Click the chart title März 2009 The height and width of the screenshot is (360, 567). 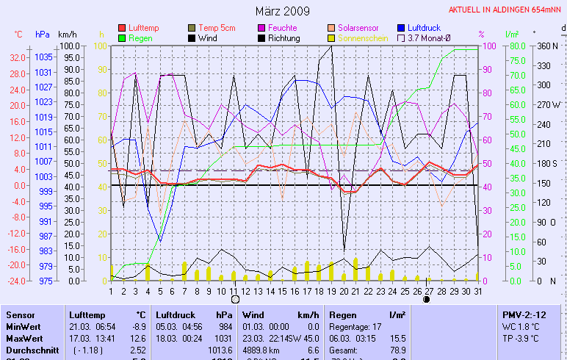[283, 11]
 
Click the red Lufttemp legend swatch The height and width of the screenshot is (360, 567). [122, 28]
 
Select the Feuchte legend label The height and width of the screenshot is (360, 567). [283, 28]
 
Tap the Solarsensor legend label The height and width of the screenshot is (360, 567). [358, 28]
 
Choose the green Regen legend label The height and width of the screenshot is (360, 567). [140, 37]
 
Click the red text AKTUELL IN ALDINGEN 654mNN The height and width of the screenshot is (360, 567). [506, 10]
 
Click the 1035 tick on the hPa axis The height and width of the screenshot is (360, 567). [43, 57]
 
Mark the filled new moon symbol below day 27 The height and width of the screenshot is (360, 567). [427, 299]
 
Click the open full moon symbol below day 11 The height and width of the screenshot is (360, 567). [235, 299]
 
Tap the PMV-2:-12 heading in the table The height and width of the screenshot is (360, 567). [524, 314]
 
